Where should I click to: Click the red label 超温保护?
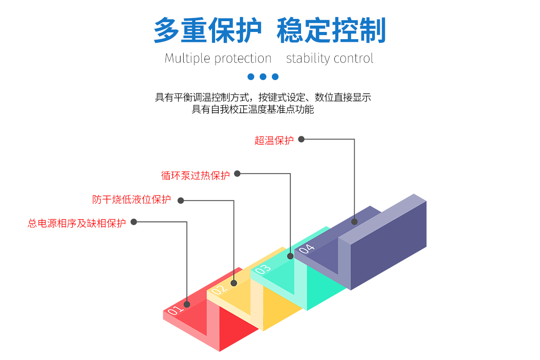pyautogui.click(x=274, y=140)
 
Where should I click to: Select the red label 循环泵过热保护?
pyautogui.click(x=195, y=175)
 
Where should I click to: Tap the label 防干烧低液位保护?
pyautogui.click(x=131, y=200)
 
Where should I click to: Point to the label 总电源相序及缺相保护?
pyautogui.click(x=76, y=223)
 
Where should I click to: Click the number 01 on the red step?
pyautogui.click(x=175, y=310)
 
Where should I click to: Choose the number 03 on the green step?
pyautogui.click(x=263, y=269)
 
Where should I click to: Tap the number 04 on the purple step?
pyautogui.click(x=306, y=248)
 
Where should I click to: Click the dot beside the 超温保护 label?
pyautogui.click(x=301, y=139)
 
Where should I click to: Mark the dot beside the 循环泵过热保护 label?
pyautogui.click(x=237, y=174)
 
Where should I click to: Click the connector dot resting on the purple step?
pyautogui.click(x=355, y=222)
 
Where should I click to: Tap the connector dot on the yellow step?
pyautogui.click(x=234, y=283)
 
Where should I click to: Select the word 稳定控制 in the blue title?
pyautogui.click(x=331, y=31)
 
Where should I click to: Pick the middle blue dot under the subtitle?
pyautogui.click(x=263, y=76)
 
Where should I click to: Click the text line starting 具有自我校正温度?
pyautogui.click(x=252, y=109)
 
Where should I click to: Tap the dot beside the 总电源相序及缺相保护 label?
pyautogui.click(x=134, y=222)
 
